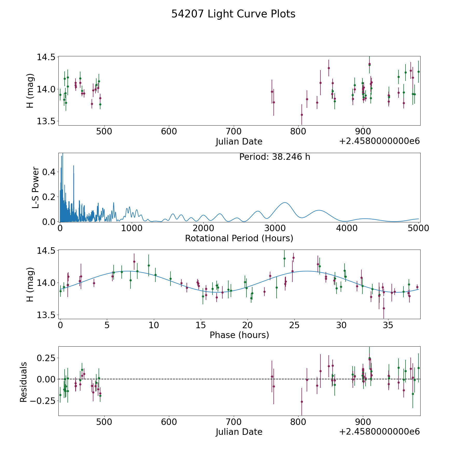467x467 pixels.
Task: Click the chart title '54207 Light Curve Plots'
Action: point(233,14)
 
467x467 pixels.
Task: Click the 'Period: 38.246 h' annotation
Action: point(274,157)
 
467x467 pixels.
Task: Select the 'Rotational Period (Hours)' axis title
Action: point(239,238)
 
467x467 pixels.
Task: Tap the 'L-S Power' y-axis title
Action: point(36,188)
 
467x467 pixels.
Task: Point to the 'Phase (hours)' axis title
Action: point(239,335)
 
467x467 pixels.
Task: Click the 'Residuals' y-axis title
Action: point(24,382)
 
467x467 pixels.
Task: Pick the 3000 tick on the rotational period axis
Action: point(275,228)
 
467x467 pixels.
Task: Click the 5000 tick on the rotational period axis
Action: point(418,228)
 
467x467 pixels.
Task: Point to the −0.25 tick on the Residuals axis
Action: point(43,401)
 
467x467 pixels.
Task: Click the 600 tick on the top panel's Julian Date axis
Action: point(169,132)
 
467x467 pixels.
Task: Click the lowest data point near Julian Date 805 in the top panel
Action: point(302,115)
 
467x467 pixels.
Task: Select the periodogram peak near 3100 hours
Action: point(285,203)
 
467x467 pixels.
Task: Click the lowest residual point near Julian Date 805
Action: point(302,402)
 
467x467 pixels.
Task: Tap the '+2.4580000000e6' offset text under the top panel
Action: point(379,141)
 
